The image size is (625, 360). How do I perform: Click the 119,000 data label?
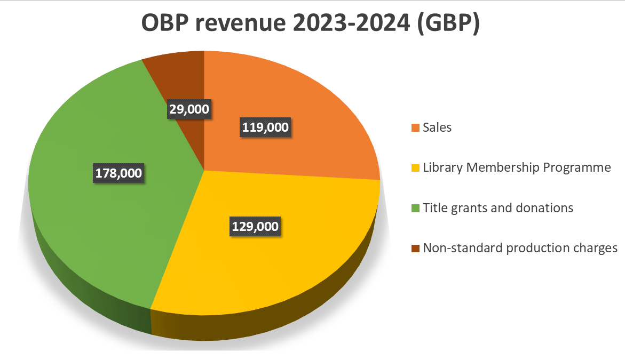point(265,127)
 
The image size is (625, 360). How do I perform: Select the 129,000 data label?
point(256,226)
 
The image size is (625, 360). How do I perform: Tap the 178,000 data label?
point(118,173)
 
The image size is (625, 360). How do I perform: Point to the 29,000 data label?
point(189,109)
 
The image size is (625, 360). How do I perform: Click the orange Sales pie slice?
point(310,107)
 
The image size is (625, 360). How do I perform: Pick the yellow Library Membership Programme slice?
point(299,251)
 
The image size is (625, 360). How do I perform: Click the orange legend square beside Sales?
point(415,128)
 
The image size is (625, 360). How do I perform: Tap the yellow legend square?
point(415,168)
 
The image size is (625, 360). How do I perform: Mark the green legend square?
point(415,208)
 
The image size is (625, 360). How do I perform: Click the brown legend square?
point(415,249)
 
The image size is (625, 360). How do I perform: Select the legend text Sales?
point(437,127)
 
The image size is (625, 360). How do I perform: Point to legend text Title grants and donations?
point(497,207)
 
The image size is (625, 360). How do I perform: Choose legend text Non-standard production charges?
point(520,248)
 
